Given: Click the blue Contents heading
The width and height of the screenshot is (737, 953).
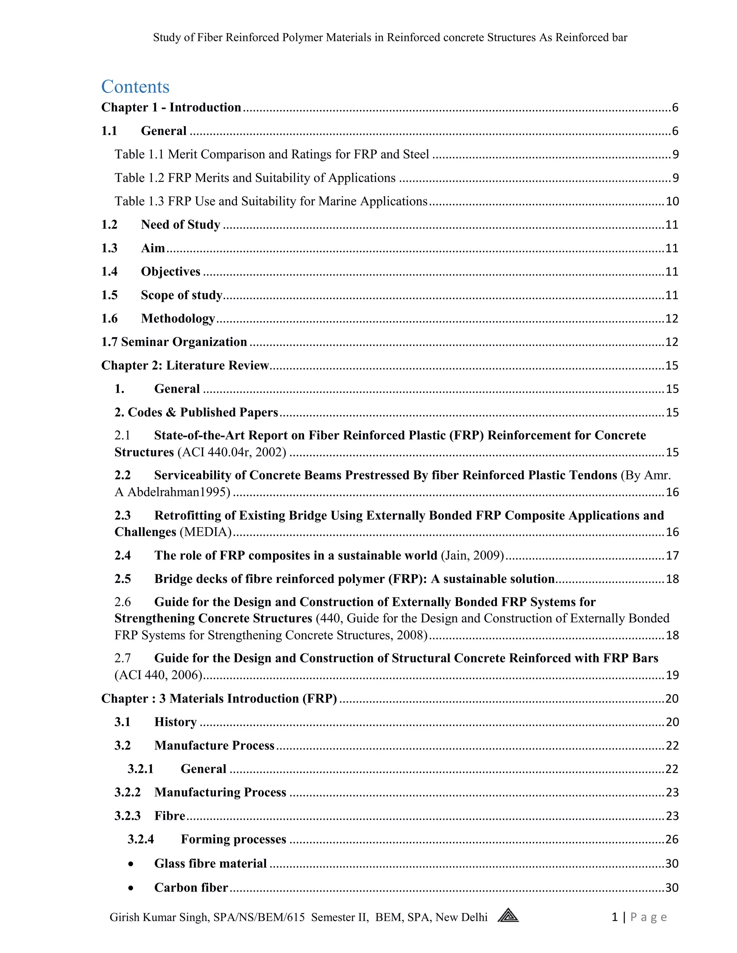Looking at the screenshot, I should [135, 86].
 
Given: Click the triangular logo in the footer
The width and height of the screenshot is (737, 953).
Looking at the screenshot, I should [508, 915].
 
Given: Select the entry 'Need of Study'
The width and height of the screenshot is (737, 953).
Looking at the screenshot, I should [180, 225].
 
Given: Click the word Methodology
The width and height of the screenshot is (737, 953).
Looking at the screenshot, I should [178, 319].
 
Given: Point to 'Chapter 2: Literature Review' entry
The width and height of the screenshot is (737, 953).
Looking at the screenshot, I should [185, 365].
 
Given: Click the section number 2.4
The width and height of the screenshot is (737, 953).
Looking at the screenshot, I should [122, 556].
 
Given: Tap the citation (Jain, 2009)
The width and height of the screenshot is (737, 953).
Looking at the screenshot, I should [473, 556].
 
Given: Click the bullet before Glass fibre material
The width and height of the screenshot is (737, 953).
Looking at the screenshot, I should [131, 864].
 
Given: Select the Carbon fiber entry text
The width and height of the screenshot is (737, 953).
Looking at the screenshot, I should [191, 888].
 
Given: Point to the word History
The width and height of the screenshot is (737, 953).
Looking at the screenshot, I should [175, 722].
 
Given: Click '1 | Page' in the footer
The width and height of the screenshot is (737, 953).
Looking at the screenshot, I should [639, 917].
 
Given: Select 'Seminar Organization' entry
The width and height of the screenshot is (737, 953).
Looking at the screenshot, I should [184, 342].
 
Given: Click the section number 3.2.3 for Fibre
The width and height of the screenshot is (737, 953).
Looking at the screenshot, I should [127, 816].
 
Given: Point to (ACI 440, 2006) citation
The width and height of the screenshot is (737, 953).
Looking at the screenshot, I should [158, 675].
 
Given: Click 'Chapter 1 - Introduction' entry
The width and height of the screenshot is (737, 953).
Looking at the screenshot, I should [171, 107].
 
